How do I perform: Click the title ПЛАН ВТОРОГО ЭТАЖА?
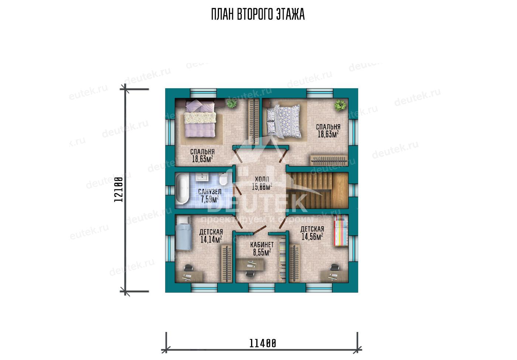point(258,14)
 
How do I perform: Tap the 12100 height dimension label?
point(119,190)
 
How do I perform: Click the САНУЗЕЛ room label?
point(210,192)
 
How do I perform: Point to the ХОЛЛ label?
point(262,179)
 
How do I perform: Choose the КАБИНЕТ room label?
point(262,244)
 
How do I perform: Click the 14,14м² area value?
point(211,240)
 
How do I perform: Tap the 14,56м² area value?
point(312,237)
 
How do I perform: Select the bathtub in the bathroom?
point(182,189)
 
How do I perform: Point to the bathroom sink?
point(202,177)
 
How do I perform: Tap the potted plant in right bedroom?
point(340,105)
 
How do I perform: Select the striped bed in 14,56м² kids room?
point(340,231)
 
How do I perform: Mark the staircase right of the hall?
point(317,191)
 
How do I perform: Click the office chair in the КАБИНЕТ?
point(250,274)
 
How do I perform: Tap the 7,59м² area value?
point(210,199)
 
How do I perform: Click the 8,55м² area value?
point(262,252)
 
